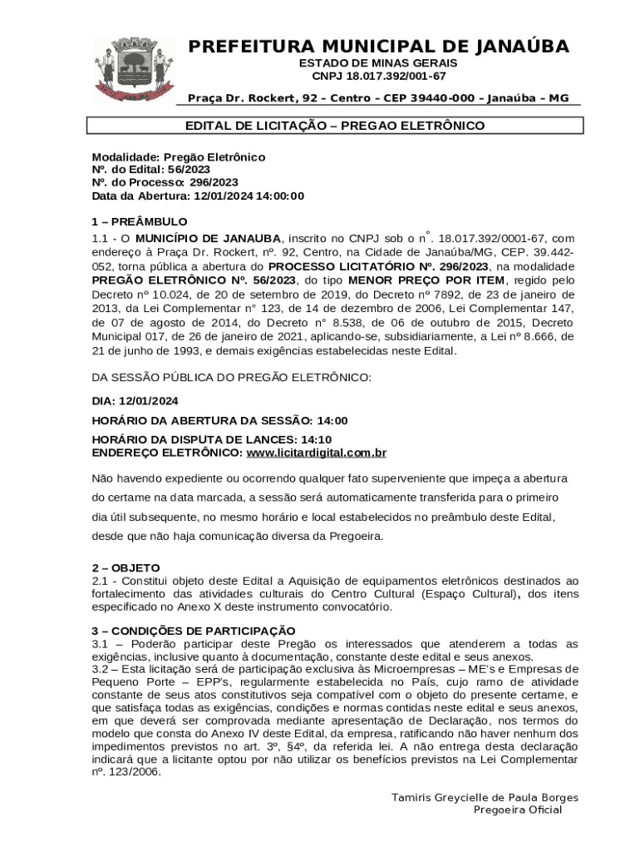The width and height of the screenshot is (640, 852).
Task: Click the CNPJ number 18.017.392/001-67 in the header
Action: (x=379, y=76)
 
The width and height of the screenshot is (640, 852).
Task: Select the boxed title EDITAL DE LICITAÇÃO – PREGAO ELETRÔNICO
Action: (x=335, y=126)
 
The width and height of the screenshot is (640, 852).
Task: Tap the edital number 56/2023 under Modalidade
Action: (x=187, y=169)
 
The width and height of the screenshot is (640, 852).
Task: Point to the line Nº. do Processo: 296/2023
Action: (x=165, y=182)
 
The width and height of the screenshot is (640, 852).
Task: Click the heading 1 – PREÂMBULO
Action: (x=139, y=222)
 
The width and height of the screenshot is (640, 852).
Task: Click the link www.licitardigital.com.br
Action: (x=317, y=453)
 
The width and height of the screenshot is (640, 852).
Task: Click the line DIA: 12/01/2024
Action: (x=135, y=400)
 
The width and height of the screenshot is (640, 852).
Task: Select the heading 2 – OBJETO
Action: (x=126, y=567)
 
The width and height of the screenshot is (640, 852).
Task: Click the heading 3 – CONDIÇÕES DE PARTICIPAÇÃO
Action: (x=193, y=631)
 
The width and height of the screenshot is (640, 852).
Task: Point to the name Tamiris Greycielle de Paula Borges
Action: (x=485, y=798)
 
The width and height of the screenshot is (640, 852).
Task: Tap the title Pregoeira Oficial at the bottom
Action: (x=517, y=810)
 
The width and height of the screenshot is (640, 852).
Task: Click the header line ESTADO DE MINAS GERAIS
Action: (x=378, y=63)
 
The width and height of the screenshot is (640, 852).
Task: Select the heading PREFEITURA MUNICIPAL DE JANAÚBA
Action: (x=378, y=47)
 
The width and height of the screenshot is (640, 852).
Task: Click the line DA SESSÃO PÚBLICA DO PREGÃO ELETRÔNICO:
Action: (x=231, y=377)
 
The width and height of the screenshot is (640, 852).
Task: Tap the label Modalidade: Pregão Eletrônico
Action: (x=178, y=156)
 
